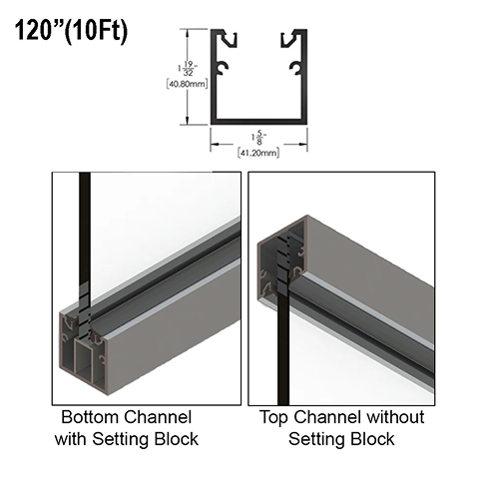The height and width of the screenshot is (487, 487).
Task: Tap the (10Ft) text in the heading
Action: [x=96, y=32]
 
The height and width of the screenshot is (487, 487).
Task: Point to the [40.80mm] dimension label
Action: [x=187, y=84]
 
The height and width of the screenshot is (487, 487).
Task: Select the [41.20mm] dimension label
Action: [x=258, y=153]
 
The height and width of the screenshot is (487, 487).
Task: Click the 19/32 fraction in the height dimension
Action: [x=189, y=68]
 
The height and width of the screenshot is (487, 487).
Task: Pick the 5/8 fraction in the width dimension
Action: [x=259, y=139]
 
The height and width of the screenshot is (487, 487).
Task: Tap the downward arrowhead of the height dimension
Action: [x=188, y=120]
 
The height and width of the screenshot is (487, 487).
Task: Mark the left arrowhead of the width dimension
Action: [x=215, y=144]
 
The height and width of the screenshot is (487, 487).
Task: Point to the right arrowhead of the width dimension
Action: [x=302, y=144]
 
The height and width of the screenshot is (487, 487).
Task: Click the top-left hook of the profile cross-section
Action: [x=229, y=39]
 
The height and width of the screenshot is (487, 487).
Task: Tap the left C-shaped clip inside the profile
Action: [x=223, y=68]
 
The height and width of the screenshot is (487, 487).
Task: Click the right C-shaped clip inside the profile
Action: [x=295, y=68]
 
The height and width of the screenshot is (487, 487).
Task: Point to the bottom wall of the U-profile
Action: [x=258, y=122]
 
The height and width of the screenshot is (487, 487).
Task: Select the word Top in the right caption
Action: [x=273, y=418]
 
